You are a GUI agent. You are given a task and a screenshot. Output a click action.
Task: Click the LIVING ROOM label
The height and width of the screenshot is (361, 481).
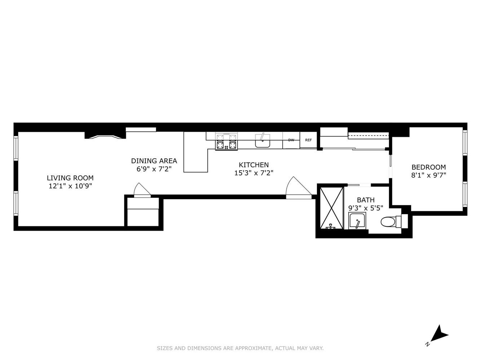[70, 178]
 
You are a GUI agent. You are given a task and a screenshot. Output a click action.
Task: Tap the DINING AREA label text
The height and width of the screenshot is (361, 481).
[154, 161]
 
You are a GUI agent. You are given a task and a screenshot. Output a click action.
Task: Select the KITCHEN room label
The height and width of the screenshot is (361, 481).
[254, 165]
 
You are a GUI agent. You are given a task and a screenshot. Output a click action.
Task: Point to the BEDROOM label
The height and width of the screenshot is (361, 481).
[428, 167]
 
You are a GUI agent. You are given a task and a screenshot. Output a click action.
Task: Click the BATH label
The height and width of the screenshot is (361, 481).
[366, 200]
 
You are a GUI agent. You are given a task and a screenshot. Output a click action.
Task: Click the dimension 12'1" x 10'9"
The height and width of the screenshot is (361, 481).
[70, 186]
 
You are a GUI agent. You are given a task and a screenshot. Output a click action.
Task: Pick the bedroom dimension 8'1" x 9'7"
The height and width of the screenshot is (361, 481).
[428, 175]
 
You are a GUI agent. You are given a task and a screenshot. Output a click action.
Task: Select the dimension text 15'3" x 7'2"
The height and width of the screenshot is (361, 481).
[254, 173]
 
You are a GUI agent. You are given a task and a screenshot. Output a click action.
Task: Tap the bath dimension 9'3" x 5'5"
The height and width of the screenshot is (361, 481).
[366, 208]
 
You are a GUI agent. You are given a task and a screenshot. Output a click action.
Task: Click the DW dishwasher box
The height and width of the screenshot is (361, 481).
[291, 140]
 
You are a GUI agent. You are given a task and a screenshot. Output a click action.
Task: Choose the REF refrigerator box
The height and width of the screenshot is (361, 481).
[308, 140]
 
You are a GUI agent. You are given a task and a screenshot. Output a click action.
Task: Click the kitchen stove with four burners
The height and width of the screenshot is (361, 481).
[226, 142]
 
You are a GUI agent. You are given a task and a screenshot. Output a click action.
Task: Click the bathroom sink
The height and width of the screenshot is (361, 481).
[357, 221]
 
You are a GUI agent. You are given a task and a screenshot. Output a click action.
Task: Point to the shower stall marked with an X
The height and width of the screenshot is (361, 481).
[330, 207]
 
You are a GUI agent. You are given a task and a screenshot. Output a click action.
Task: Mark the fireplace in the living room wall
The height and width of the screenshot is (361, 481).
[105, 136]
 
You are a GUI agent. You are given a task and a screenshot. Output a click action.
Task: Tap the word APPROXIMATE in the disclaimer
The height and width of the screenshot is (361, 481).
[253, 348]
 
